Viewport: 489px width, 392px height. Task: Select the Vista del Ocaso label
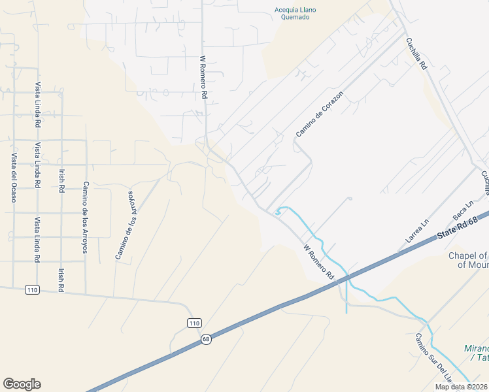pyautogui.click(x=13, y=177)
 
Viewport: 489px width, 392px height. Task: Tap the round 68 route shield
pyautogui.click(x=206, y=339)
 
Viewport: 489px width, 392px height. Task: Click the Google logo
pyautogui.click(x=22, y=384)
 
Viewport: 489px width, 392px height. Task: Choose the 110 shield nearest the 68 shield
pyautogui.click(x=194, y=323)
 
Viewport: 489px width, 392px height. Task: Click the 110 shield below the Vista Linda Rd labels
pyautogui.click(x=31, y=289)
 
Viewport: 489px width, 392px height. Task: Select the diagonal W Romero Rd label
pyautogui.click(x=318, y=263)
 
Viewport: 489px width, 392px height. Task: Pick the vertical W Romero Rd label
pyautogui.click(x=204, y=77)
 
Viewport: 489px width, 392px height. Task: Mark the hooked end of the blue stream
pyautogui.click(x=279, y=211)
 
